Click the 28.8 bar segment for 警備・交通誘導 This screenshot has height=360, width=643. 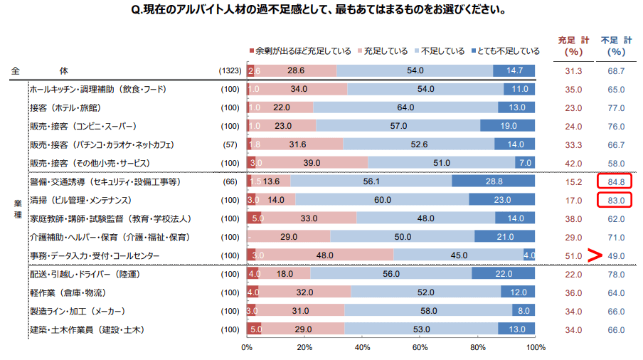pos(493,181)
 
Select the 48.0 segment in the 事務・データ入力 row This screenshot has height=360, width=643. pos(325,255)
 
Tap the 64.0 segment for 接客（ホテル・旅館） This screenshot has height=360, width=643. pos(405,107)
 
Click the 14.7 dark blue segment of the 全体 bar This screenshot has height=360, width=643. pos(514,70)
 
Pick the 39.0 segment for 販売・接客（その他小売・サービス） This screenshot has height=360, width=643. pos(312,163)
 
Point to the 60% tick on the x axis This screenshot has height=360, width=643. pos(420,347)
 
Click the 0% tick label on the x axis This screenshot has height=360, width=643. pos(247,347)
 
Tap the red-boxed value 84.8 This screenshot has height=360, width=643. pos(616,182)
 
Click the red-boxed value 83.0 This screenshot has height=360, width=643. pos(616,201)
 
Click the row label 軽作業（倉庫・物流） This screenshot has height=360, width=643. pos(68,292)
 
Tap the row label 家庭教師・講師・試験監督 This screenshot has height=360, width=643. pos(100,218)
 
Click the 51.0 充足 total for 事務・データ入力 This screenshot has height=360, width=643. pos(573,255)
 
